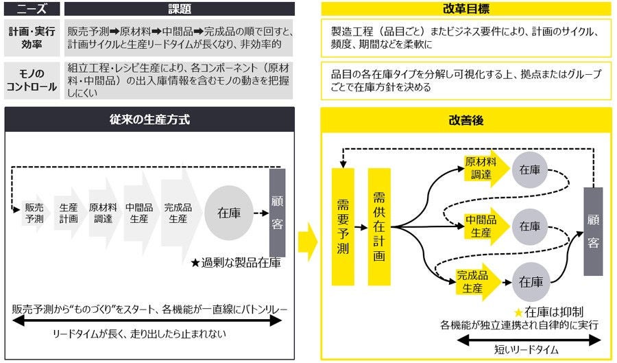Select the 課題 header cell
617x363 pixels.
tap(179, 9)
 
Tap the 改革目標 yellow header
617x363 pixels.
tap(466, 9)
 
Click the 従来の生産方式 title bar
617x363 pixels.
tap(149, 119)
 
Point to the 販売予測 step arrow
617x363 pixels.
tap(34, 213)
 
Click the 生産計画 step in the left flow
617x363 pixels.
tap(68, 213)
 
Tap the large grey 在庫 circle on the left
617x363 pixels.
tap(228, 213)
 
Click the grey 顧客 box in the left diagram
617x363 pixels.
tap(277, 213)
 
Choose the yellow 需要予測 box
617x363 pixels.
tap(343, 226)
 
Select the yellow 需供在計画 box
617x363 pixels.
tap(379, 226)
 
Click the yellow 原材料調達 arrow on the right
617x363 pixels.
tap(481, 169)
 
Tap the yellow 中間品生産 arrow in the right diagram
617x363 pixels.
tap(481, 226)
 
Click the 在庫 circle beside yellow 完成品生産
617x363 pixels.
tap(531, 281)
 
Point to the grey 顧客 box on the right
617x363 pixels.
tap(592, 231)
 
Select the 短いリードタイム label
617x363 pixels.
tap(527, 349)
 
